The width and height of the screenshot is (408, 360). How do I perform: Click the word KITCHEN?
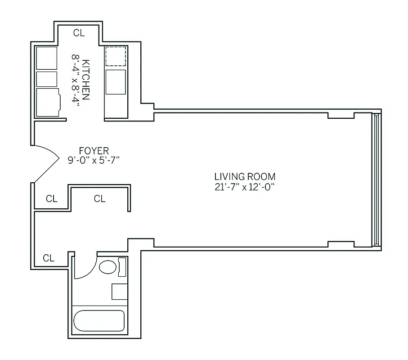(86, 80)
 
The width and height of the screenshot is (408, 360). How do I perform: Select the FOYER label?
(94, 151)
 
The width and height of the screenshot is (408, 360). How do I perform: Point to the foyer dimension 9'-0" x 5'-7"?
(94, 160)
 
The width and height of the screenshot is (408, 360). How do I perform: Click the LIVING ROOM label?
(245, 177)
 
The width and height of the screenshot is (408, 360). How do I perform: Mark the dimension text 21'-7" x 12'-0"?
(245, 187)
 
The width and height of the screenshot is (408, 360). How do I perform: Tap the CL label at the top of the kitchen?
(79, 32)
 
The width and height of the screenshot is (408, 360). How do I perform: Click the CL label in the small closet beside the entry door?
(52, 199)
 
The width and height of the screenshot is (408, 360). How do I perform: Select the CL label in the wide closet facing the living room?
(100, 199)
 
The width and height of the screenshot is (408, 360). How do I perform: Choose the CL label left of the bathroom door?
(49, 258)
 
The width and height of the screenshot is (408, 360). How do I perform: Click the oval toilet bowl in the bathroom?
(108, 267)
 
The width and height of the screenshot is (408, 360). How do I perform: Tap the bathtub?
(99, 321)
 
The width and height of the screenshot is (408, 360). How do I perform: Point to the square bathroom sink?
(120, 292)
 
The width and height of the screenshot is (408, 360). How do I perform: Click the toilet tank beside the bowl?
(122, 267)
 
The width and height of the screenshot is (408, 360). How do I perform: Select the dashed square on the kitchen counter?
(116, 56)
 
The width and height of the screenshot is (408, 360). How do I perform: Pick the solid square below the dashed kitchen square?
(116, 82)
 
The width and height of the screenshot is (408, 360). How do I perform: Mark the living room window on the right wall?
(377, 179)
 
